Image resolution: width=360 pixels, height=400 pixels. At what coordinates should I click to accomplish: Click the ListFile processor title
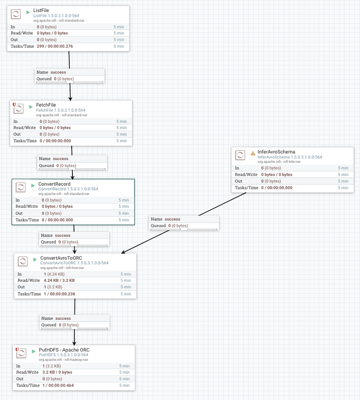[41, 10]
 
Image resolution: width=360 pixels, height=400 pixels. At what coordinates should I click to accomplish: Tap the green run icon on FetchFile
[31, 107]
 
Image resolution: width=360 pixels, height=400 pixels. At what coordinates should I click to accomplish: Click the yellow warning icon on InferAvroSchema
[253, 153]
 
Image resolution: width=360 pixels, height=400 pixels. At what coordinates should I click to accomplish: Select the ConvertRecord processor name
[54, 184]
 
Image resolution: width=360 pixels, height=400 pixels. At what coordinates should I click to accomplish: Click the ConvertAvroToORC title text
[61, 258]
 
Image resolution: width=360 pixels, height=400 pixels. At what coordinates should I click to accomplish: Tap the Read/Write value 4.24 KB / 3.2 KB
[59, 280]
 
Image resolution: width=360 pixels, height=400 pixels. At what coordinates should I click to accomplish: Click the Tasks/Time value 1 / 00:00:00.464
[58, 385]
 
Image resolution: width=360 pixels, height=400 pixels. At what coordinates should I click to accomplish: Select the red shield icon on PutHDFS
[17, 350]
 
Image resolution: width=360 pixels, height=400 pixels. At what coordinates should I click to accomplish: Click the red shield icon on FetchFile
[14, 105]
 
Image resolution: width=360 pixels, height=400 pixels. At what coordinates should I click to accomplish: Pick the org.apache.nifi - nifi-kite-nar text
[277, 162]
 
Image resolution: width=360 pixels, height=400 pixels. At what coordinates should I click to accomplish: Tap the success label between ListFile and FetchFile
[58, 72]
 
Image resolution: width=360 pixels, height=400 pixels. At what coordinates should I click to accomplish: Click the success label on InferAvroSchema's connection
[172, 219]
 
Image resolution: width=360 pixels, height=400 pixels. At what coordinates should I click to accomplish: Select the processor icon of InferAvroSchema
[240, 155]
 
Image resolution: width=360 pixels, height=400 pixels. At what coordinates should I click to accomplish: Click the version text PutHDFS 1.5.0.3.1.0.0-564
[63, 355]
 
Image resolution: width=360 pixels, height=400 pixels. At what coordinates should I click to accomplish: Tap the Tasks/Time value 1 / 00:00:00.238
[59, 294]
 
